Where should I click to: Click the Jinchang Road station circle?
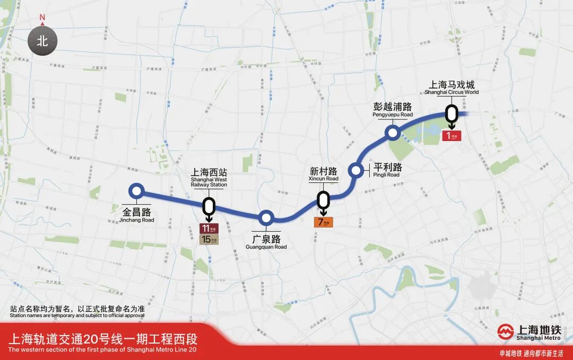tap(137, 192)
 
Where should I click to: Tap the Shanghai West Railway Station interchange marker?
tap(209, 206)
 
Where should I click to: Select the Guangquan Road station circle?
tap(266, 218)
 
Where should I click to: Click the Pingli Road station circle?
tap(355, 171)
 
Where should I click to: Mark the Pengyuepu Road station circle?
tap(393, 133)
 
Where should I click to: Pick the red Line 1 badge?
tap(452, 136)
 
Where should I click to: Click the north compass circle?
tap(42, 41)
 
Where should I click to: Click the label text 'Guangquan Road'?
tap(266, 247)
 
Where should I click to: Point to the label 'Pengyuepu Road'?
tap(393, 115)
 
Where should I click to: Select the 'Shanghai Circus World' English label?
tap(452, 92)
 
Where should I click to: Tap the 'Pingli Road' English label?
tap(386, 175)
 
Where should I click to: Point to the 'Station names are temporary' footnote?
tap(77, 315)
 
